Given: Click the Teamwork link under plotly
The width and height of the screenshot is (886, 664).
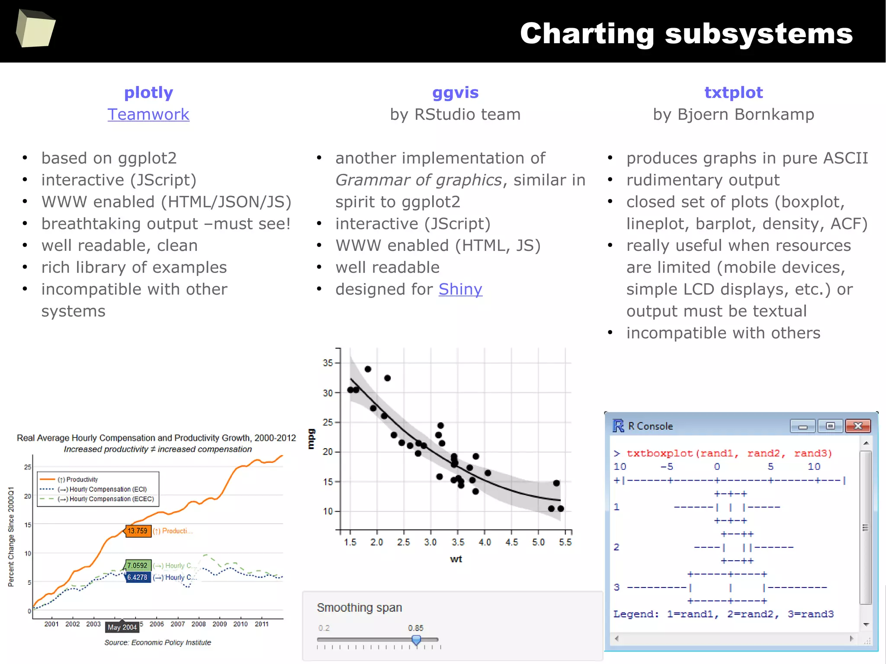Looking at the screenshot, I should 148,115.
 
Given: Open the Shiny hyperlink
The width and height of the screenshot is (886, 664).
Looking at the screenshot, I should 460,289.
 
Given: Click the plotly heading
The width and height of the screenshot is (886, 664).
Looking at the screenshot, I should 148,93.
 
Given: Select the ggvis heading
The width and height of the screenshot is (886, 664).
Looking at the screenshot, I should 455,93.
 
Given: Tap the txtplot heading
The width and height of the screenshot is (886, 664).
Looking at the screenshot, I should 733,93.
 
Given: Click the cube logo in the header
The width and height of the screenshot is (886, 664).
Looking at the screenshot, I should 35,29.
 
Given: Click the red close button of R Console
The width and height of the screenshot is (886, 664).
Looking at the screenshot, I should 858,426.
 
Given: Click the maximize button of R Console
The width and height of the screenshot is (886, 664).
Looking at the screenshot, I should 830,426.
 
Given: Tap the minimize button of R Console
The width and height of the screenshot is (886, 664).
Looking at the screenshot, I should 803,427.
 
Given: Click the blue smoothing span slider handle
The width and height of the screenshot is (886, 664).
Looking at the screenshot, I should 416,640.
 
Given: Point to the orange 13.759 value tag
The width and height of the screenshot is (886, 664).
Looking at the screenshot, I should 138,531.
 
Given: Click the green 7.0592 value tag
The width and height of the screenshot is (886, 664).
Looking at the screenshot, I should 138,565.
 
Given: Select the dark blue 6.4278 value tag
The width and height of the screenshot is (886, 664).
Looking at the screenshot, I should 138,577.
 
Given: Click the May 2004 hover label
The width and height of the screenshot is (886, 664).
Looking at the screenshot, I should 122,627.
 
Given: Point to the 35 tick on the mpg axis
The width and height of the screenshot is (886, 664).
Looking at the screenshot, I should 328,363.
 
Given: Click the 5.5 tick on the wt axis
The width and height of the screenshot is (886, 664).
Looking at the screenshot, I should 565,542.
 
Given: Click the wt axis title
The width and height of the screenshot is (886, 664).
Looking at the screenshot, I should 456,559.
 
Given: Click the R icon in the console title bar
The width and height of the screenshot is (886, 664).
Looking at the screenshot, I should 618,426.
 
